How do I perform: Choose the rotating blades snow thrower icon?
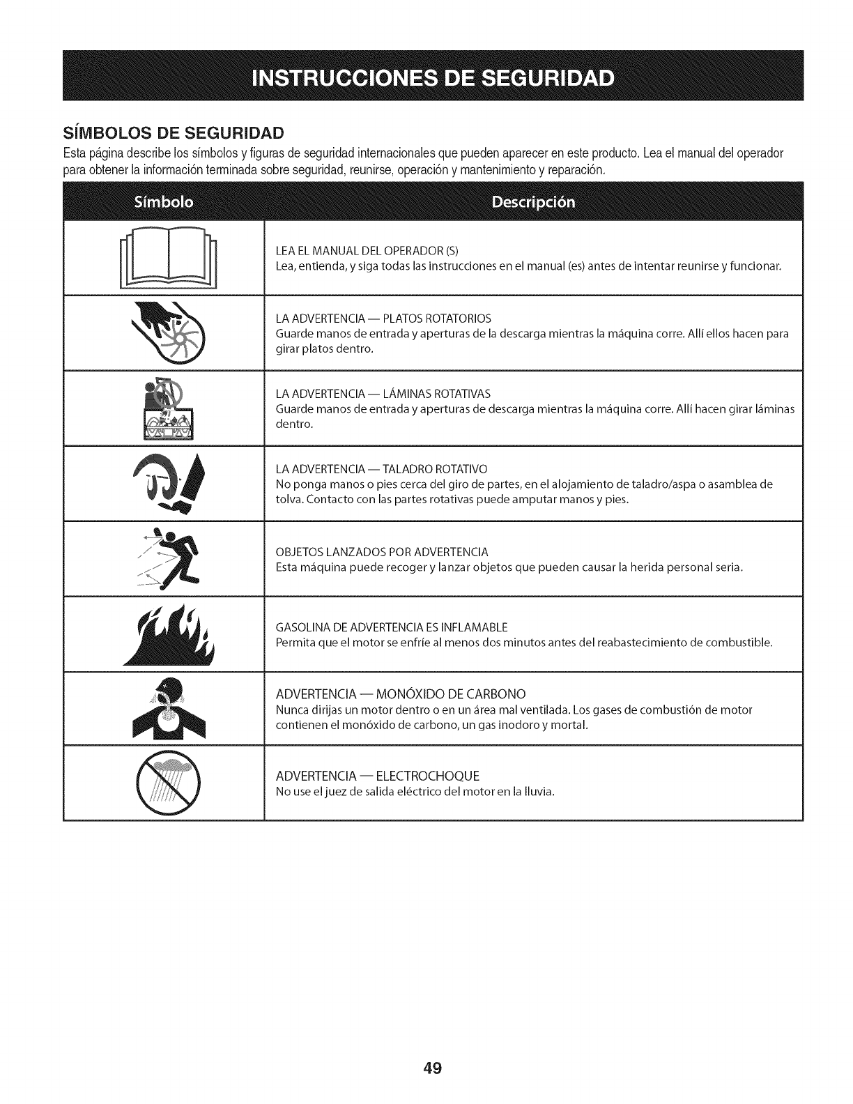(x=167, y=408)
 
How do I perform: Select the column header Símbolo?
(x=163, y=202)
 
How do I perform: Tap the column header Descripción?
(x=533, y=202)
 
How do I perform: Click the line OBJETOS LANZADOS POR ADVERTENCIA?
(x=382, y=552)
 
